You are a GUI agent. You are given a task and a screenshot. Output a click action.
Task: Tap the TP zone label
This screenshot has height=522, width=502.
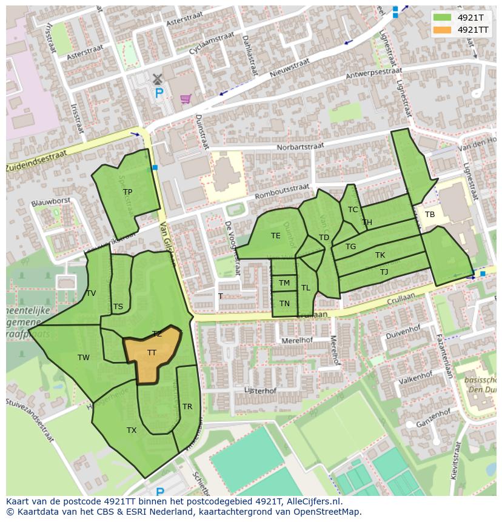(x=127, y=192)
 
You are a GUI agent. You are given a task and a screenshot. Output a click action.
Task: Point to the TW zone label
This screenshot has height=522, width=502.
(x=84, y=358)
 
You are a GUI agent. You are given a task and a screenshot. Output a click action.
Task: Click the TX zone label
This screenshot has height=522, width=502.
(x=132, y=430)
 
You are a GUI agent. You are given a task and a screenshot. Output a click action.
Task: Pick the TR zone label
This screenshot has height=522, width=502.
(x=187, y=407)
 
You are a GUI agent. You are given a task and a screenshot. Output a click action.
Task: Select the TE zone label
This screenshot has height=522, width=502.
(x=276, y=236)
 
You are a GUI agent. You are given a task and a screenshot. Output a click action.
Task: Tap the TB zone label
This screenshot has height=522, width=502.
(x=430, y=215)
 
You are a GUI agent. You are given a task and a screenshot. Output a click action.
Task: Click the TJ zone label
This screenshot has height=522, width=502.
(x=384, y=272)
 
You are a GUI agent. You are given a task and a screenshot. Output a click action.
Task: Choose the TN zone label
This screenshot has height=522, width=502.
(x=284, y=304)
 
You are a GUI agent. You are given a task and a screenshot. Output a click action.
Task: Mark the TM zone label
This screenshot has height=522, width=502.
(x=284, y=283)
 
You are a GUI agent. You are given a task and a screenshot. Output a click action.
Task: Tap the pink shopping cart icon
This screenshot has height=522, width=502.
(x=186, y=98)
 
